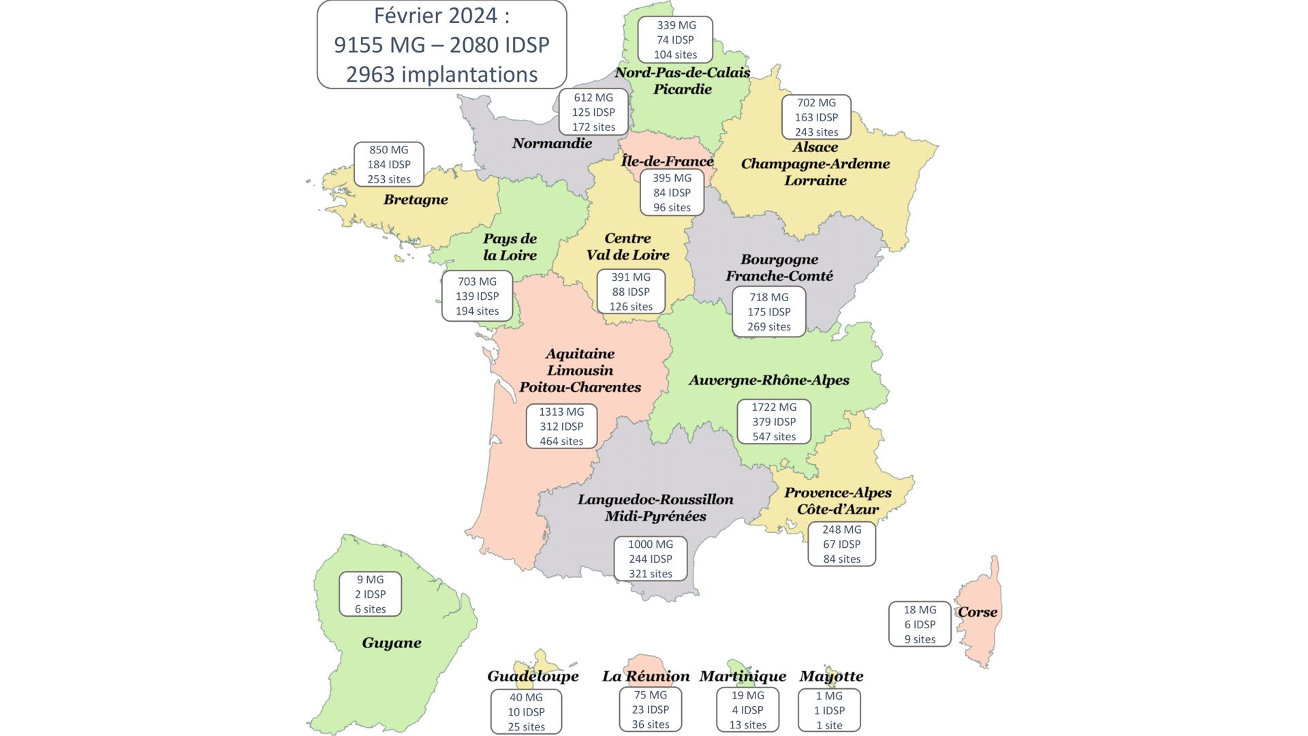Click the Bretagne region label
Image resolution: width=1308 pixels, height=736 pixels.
click(416, 200)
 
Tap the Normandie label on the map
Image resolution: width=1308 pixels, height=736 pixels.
click(552, 143)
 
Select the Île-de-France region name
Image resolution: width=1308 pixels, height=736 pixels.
click(668, 161)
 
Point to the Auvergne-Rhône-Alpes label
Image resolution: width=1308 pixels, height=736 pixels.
click(769, 380)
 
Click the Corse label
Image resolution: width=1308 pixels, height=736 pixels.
click(978, 612)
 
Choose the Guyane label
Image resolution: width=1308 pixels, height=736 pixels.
click(392, 643)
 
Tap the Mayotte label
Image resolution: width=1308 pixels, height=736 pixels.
click(831, 676)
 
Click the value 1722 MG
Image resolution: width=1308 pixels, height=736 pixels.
click(774, 407)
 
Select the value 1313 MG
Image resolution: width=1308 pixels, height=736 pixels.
click(561, 412)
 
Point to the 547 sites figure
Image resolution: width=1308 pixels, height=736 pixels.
click(774, 437)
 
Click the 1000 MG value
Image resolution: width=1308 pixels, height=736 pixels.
click(651, 545)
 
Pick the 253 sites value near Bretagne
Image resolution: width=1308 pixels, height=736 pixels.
click(389, 179)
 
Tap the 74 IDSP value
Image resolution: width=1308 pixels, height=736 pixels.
click(675, 40)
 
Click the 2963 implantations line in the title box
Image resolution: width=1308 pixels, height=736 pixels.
click(441, 74)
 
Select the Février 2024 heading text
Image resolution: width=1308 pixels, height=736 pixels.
click(441, 15)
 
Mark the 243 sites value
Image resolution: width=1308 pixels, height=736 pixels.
click(816, 132)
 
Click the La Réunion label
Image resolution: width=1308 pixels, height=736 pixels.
click(646, 676)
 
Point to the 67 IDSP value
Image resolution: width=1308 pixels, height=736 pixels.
click(841, 545)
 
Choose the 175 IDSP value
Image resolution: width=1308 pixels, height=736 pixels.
click(769, 312)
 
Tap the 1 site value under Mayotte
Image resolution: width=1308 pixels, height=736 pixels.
click(829, 725)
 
